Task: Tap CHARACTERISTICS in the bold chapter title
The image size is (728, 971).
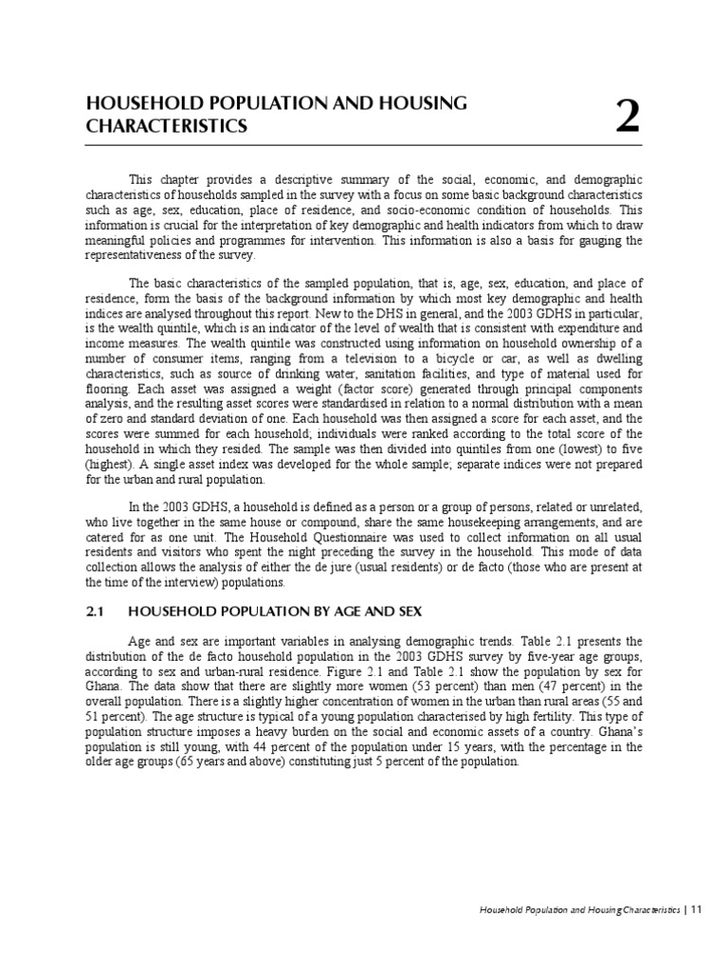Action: click(167, 126)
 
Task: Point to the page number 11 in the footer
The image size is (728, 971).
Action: click(695, 909)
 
